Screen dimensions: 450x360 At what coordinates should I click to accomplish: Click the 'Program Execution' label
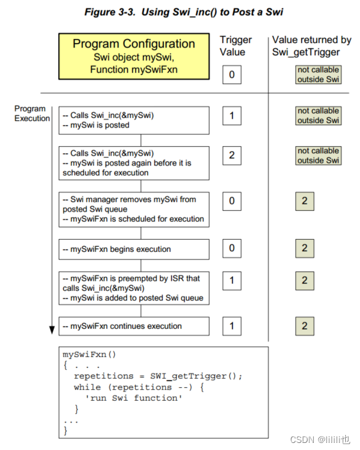pyautogui.click(x=31, y=113)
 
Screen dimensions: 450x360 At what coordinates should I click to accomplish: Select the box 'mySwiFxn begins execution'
pyautogui.click(x=134, y=249)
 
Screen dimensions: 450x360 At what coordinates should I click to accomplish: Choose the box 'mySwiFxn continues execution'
pyautogui.click(x=134, y=326)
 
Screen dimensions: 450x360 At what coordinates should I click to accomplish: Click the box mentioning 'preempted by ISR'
pyautogui.click(x=134, y=288)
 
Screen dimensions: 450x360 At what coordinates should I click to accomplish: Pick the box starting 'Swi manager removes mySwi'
pyautogui.click(x=134, y=208)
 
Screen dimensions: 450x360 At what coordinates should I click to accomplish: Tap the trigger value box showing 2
pyautogui.click(x=232, y=155)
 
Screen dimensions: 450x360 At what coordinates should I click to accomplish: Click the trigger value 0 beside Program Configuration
pyautogui.click(x=232, y=75)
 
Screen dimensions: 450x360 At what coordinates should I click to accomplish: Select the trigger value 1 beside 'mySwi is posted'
pyautogui.click(x=232, y=115)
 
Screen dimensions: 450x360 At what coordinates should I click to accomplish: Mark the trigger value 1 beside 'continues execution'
pyautogui.click(x=232, y=326)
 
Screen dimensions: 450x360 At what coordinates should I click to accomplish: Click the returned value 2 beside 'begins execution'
pyautogui.click(x=304, y=248)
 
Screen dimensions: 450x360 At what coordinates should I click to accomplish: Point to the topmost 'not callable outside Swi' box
pyautogui.click(x=318, y=74)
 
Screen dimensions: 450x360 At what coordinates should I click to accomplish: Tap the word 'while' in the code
pyautogui.click(x=88, y=387)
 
